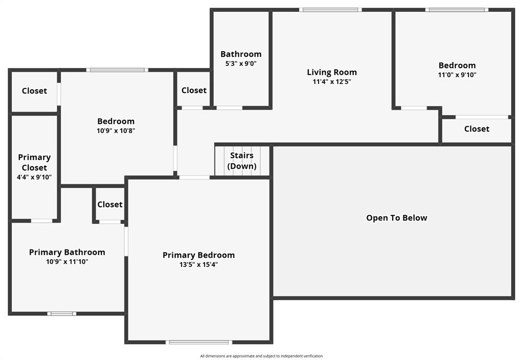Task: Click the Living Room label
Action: pos(332,72)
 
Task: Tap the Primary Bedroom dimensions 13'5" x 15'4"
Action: pos(198,264)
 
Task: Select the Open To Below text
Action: pos(396,218)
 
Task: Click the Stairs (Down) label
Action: pos(242,161)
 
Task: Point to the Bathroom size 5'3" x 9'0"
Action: pos(241,64)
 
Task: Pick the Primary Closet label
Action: pos(34,162)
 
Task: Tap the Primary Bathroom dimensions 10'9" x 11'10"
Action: pos(67,261)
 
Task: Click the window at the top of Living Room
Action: pos(331,9)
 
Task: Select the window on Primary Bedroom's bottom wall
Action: pos(199,342)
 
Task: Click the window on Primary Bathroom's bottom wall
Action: pos(62,313)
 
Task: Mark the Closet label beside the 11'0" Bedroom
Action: pos(476,129)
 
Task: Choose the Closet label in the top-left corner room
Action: pos(34,91)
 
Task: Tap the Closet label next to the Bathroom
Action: pos(194,91)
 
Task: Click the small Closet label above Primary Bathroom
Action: pos(110,205)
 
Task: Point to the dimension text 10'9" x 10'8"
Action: pos(116,130)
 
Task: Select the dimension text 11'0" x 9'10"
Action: pos(457,75)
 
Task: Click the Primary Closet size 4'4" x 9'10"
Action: pos(34,177)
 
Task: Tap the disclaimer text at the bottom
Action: pos(261,356)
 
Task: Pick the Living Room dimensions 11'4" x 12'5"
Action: pos(332,81)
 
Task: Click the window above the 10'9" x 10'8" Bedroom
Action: pos(117,70)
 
